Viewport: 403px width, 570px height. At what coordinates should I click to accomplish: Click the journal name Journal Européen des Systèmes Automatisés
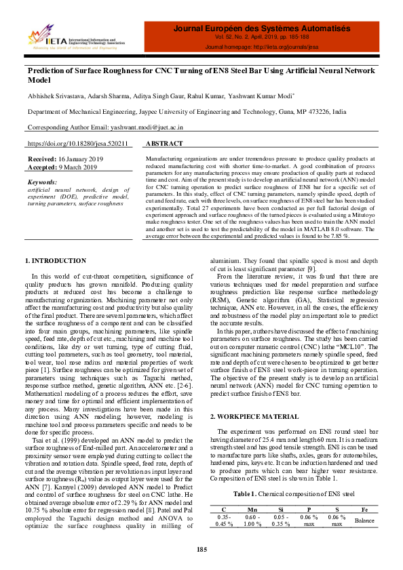[262, 28]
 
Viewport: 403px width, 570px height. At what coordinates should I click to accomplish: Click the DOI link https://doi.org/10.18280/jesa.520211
[77, 144]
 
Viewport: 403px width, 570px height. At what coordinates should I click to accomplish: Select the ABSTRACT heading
[164, 144]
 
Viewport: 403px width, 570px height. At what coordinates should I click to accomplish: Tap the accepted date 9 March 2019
[77, 167]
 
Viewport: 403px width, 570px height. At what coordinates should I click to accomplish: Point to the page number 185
[201, 548]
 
